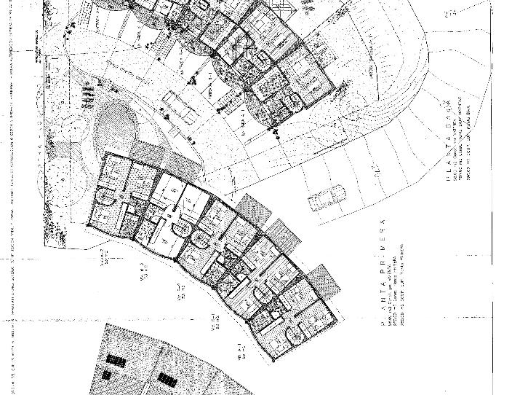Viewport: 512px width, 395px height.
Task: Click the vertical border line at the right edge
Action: click(x=493, y=146)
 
